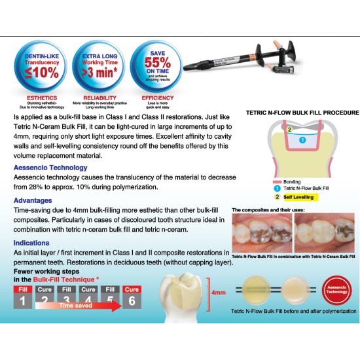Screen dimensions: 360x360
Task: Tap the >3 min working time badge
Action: point(99,66)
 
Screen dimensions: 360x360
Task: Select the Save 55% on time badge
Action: point(157,66)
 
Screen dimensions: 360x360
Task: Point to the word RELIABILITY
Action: point(99,98)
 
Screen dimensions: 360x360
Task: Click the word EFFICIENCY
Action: point(158,98)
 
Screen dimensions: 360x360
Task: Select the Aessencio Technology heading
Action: point(50,168)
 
